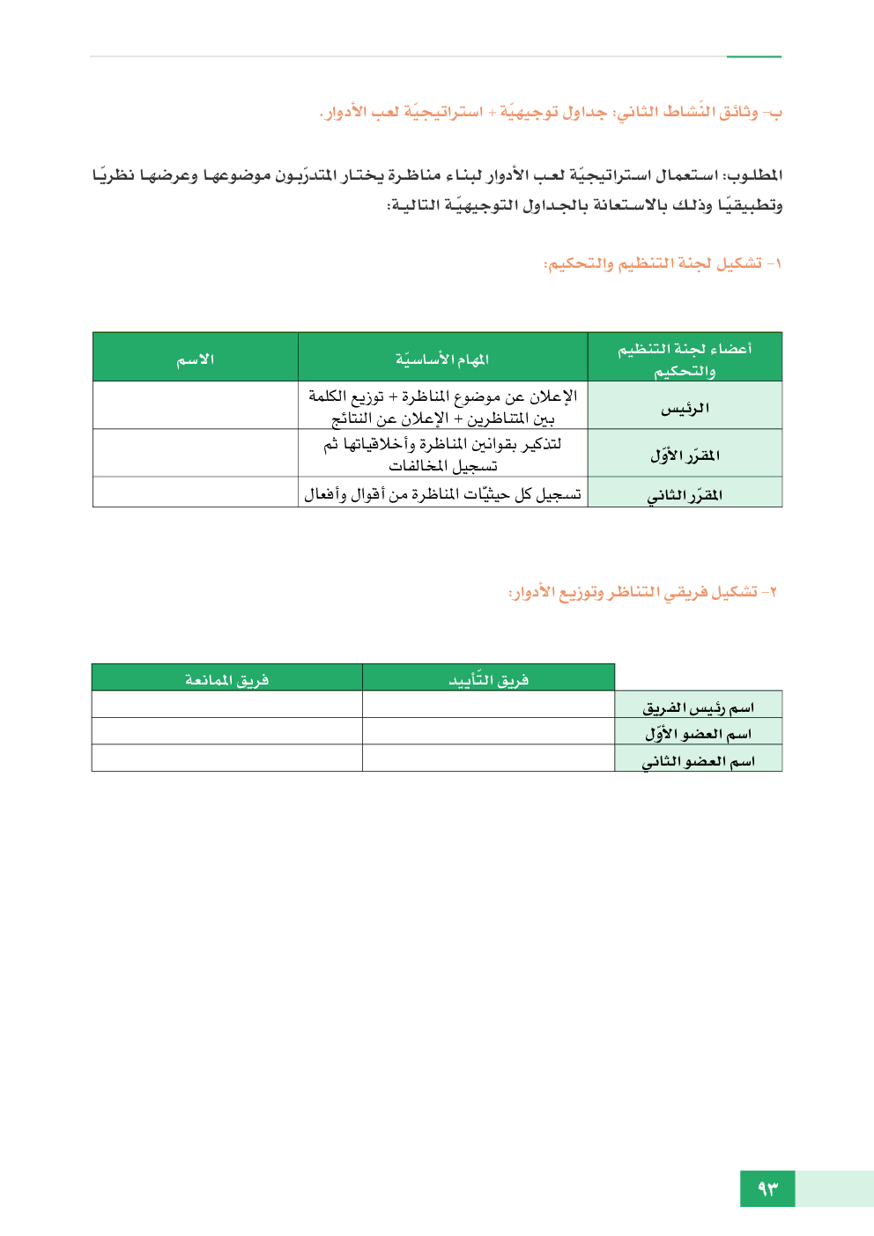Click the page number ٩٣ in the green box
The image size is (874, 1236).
click(x=767, y=1188)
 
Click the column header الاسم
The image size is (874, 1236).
click(x=195, y=359)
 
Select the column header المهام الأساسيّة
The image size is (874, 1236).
click(x=442, y=359)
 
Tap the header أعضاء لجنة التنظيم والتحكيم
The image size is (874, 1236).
click(x=685, y=359)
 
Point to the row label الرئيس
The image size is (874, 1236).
click(x=685, y=408)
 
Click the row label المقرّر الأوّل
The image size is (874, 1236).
click(x=685, y=455)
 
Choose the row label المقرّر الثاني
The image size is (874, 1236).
click(x=685, y=495)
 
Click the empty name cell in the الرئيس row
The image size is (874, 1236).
click(x=195, y=405)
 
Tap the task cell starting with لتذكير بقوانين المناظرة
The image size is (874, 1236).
click(x=442, y=454)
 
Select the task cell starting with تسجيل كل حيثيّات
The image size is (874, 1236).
click(x=442, y=494)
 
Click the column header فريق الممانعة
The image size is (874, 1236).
click(x=226, y=679)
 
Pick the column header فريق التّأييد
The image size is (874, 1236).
click(x=488, y=679)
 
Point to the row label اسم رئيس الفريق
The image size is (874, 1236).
click(x=698, y=707)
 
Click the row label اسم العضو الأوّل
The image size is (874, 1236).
click(x=698, y=733)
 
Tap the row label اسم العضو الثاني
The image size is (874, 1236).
click(x=698, y=760)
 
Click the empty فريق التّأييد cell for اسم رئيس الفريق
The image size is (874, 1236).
click(x=488, y=705)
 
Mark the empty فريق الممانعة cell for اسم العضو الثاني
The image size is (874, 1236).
click(x=226, y=759)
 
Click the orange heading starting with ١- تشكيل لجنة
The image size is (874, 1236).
click(x=662, y=263)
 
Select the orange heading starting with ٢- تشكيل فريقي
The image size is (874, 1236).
click(x=642, y=591)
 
